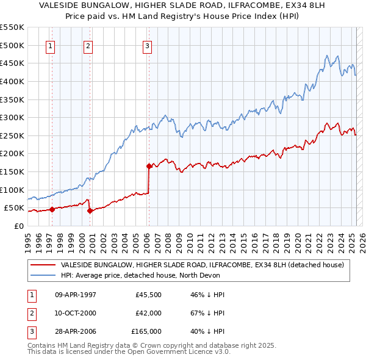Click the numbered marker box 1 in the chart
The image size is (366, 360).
[x=49, y=45]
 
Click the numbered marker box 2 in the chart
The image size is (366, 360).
[x=88, y=45]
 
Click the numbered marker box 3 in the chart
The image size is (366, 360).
[x=148, y=45]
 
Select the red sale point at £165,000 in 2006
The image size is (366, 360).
[x=149, y=165]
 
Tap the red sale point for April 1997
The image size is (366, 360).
[x=52, y=209]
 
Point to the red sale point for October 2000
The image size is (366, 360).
[x=90, y=211]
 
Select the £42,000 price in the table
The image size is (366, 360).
[x=148, y=313]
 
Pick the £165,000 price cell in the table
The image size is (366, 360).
[x=146, y=331]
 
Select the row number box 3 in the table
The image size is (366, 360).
[x=30, y=331]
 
